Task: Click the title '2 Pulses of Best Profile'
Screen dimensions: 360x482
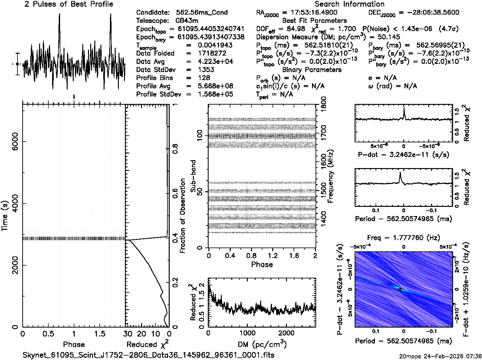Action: tap(69, 4)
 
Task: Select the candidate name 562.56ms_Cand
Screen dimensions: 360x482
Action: tap(201, 12)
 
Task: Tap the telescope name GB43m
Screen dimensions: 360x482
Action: tap(189, 21)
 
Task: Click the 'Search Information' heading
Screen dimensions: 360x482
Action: tap(349, 4)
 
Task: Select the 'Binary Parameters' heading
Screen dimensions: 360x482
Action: tap(312, 70)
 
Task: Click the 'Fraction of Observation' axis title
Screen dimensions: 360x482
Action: tap(183, 216)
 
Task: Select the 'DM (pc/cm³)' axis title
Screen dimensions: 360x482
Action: tap(262, 344)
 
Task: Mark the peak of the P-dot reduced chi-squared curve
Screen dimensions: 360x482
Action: tap(404, 109)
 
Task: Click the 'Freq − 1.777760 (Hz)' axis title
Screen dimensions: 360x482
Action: tap(404, 238)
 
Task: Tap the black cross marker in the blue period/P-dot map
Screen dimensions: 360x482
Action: tap(400, 289)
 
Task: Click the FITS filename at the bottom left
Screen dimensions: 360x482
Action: tap(149, 355)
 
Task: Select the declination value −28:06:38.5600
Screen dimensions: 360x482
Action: tap(429, 12)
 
